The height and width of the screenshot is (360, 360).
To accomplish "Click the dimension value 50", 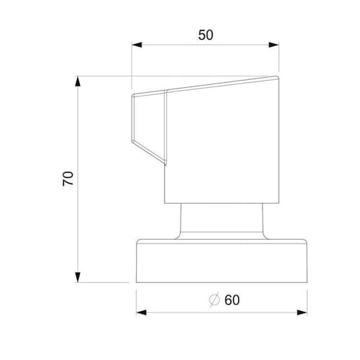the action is coord(205,35).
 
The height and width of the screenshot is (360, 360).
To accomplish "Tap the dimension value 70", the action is coord(68,179).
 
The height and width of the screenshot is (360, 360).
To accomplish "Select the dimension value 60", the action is coord(232,300).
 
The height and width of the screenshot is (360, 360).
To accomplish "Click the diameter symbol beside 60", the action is coord(214,300).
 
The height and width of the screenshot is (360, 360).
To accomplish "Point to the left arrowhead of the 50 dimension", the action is coord(137,45).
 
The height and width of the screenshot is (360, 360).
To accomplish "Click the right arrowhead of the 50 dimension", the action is coord(274,45).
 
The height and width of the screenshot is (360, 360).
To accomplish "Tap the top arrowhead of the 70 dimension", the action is coord(78,81).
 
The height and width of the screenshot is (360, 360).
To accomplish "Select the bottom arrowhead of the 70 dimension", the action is coord(78,277).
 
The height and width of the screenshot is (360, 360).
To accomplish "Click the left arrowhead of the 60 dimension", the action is coord(141,312).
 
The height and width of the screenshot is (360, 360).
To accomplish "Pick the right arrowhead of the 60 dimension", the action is coord(302,312).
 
